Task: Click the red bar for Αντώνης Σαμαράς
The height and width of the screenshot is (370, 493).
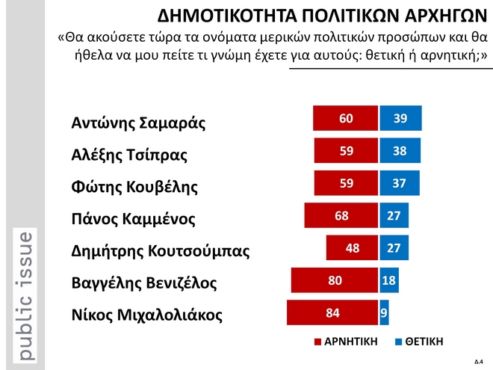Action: click(x=345, y=119)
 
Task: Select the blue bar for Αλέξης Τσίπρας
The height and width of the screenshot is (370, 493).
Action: click(x=400, y=151)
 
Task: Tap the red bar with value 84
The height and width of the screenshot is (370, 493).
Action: click(x=332, y=313)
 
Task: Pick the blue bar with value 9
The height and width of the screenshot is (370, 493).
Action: click(x=384, y=313)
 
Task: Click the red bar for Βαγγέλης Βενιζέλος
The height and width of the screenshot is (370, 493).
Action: click(x=335, y=281)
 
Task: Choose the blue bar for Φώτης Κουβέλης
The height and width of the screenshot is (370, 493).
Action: click(x=400, y=184)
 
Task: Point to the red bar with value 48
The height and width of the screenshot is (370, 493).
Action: click(x=352, y=248)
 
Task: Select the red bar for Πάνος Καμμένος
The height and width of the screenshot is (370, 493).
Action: click(x=341, y=216)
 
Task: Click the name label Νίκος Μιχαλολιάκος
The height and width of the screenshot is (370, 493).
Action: click(x=146, y=315)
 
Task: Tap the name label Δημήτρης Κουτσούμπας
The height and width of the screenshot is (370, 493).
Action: click(x=159, y=250)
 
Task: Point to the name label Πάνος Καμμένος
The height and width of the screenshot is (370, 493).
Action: click(x=133, y=219)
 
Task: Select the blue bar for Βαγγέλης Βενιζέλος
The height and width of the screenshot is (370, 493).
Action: click(x=389, y=281)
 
